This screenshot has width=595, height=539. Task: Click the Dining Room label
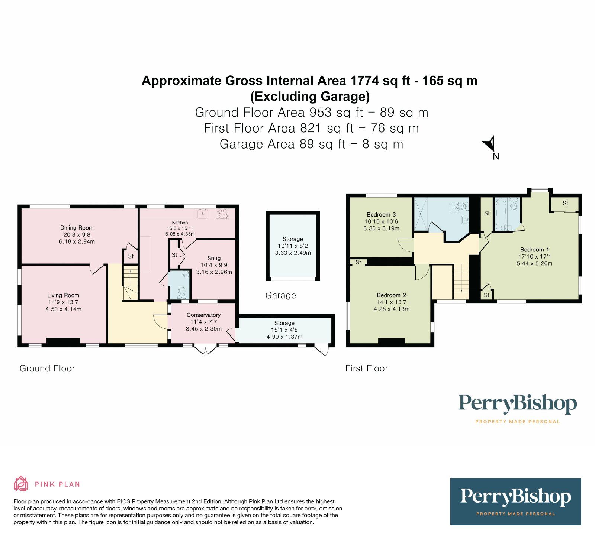77,228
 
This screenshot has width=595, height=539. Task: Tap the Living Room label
63,295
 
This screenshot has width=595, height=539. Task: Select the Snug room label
214,258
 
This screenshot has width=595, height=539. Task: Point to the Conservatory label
203,315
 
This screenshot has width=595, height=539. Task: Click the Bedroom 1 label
534,250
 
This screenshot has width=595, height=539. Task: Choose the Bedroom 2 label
391,295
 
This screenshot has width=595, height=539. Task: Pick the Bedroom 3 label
381,214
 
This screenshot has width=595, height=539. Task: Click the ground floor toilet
182,292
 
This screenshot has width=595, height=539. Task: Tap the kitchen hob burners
223,213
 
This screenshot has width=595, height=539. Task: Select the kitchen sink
203,213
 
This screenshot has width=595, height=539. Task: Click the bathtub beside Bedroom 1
501,214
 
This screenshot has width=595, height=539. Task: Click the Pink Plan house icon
21,483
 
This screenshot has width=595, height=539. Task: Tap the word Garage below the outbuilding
281,295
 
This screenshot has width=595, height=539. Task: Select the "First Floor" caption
367,368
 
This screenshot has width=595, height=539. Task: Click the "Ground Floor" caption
47,368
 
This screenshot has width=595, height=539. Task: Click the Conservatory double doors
205,350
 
